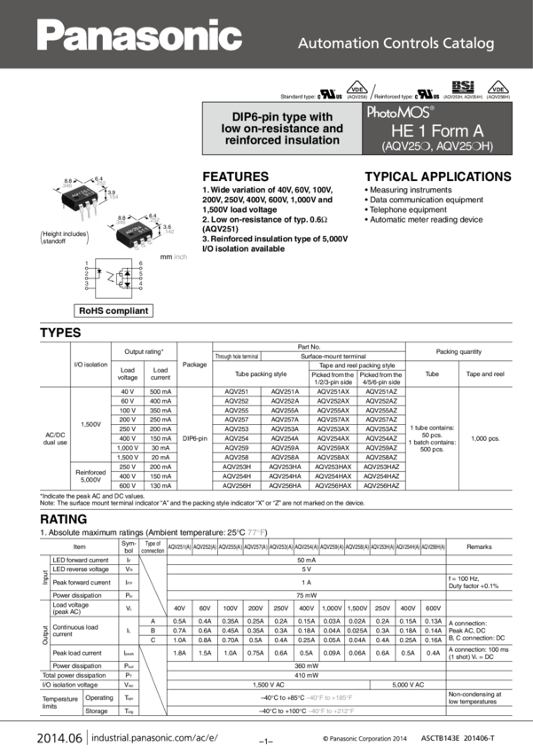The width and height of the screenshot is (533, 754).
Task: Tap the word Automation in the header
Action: coord(333,43)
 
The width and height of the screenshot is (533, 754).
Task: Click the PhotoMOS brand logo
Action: coord(400,113)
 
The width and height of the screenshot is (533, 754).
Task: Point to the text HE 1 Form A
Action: coord(435,130)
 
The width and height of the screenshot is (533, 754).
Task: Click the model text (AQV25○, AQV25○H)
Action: coord(436,145)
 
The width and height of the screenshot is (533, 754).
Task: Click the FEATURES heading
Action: coord(236,177)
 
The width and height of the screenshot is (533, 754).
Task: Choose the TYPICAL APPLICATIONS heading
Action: coord(438,177)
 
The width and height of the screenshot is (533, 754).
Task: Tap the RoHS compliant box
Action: coord(114,310)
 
